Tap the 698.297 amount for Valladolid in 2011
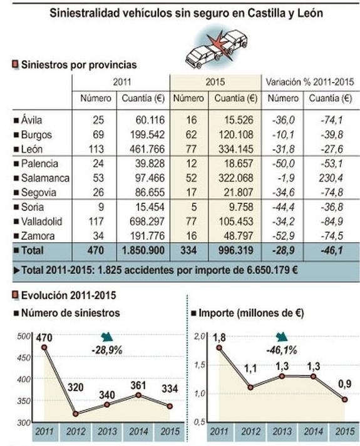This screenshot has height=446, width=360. pyautogui.click(x=148, y=221)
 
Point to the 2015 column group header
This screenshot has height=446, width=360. pyautogui.click(x=215, y=82)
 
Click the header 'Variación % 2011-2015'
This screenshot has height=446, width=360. pyautogui.click(x=310, y=82)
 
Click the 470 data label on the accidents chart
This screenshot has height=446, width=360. pyautogui.click(x=44, y=338)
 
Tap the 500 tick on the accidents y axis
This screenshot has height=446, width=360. pyautogui.click(x=24, y=337)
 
